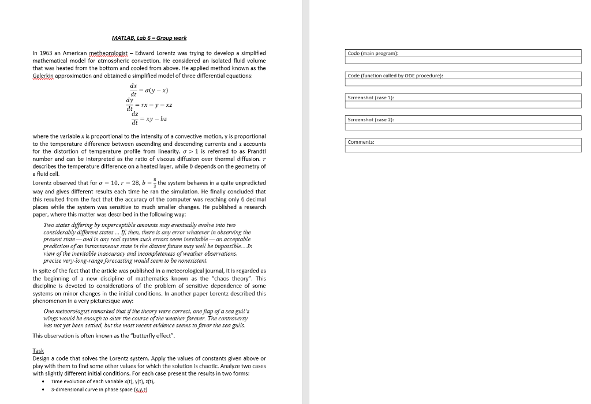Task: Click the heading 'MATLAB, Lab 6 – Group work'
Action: coord(149,38)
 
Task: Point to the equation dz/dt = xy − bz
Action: coord(149,118)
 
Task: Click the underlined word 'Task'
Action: coord(38,350)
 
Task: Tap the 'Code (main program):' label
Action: coord(373,53)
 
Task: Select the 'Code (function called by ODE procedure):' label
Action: coord(395,76)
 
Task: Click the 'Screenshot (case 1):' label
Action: coord(370,98)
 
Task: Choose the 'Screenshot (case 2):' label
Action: coord(370,119)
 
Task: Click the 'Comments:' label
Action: coord(361,141)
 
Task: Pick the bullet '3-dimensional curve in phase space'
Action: coord(96,390)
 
